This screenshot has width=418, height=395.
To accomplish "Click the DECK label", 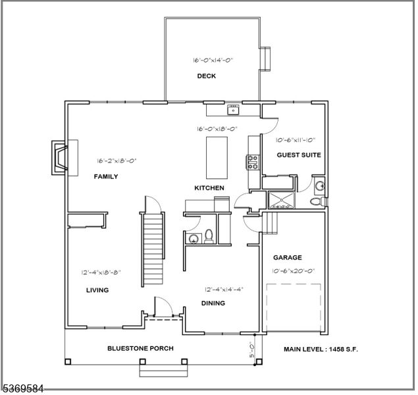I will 206,76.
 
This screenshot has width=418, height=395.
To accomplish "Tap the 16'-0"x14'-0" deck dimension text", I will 213,60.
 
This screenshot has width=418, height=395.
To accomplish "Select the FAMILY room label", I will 105,176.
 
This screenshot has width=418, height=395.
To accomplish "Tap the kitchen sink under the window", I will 232,109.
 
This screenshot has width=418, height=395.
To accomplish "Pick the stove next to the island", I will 251,161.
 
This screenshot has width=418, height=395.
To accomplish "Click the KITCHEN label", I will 209,188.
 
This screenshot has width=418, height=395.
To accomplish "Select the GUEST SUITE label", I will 298,155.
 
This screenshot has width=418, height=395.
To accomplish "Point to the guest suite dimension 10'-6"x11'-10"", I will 295,140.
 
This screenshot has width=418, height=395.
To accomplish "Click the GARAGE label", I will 287,258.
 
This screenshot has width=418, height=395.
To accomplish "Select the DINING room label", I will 213,303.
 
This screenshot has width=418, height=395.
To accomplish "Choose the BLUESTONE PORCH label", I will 140,348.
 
